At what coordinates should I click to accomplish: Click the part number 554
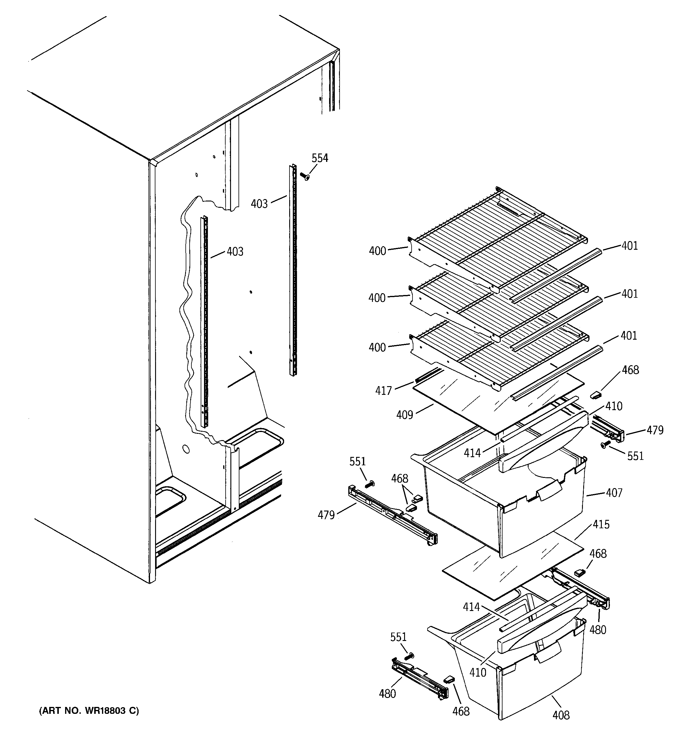(x=320, y=158)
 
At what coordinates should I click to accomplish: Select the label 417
(x=383, y=391)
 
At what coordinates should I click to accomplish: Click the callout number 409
(x=405, y=415)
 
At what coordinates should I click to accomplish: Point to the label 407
(x=614, y=493)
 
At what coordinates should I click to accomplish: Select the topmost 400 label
(x=377, y=251)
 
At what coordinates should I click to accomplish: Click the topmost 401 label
(x=629, y=246)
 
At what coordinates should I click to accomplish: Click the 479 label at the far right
(x=655, y=430)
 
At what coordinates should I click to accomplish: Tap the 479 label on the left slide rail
(x=326, y=515)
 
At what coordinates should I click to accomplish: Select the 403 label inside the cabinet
(x=235, y=252)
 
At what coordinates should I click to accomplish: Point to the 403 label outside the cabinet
(x=259, y=204)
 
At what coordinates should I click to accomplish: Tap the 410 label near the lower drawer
(x=477, y=672)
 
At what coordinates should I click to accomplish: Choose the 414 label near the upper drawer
(x=472, y=453)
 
